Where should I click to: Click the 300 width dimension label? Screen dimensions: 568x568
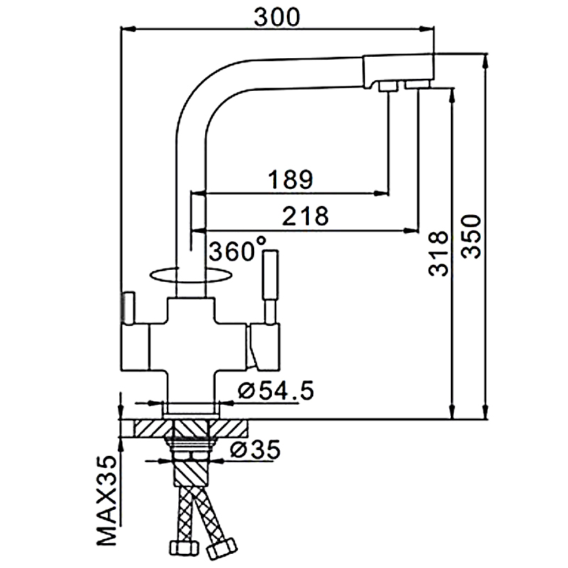[277, 16]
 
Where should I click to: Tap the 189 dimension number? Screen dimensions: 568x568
[290, 179]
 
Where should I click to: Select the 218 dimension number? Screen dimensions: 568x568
[305, 216]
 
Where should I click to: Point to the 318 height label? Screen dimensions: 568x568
[438, 253]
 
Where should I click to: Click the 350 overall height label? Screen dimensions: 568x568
[471, 236]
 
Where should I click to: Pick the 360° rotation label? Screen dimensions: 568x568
[238, 250]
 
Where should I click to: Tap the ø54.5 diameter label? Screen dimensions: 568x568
[276, 390]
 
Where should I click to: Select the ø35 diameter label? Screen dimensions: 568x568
[256, 449]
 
